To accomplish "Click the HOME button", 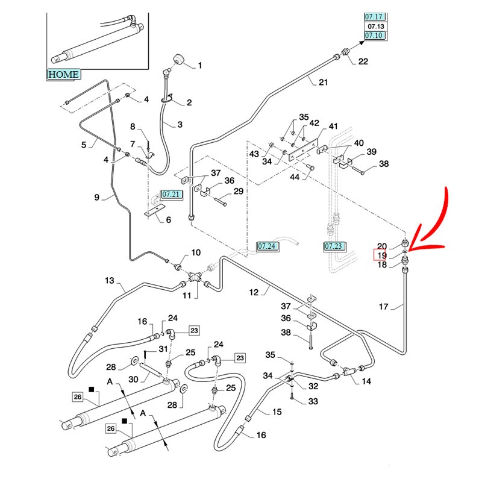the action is (64, 74).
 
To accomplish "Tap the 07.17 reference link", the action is (374, 17).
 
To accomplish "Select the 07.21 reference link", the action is (171, 195).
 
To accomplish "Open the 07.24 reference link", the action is (267, 246).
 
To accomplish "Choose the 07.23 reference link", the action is (334, 246).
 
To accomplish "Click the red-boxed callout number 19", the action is (381, 255).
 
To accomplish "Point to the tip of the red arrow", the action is (410, 251).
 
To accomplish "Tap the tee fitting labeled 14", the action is (348, 371).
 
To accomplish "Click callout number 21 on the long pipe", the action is (323, 82).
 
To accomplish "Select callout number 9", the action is (97, 198).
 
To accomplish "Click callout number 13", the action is (110, 280).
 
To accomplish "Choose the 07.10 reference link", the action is (374, 36).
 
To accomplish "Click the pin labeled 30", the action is (150, 369).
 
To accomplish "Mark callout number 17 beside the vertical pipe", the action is (383, 307).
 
